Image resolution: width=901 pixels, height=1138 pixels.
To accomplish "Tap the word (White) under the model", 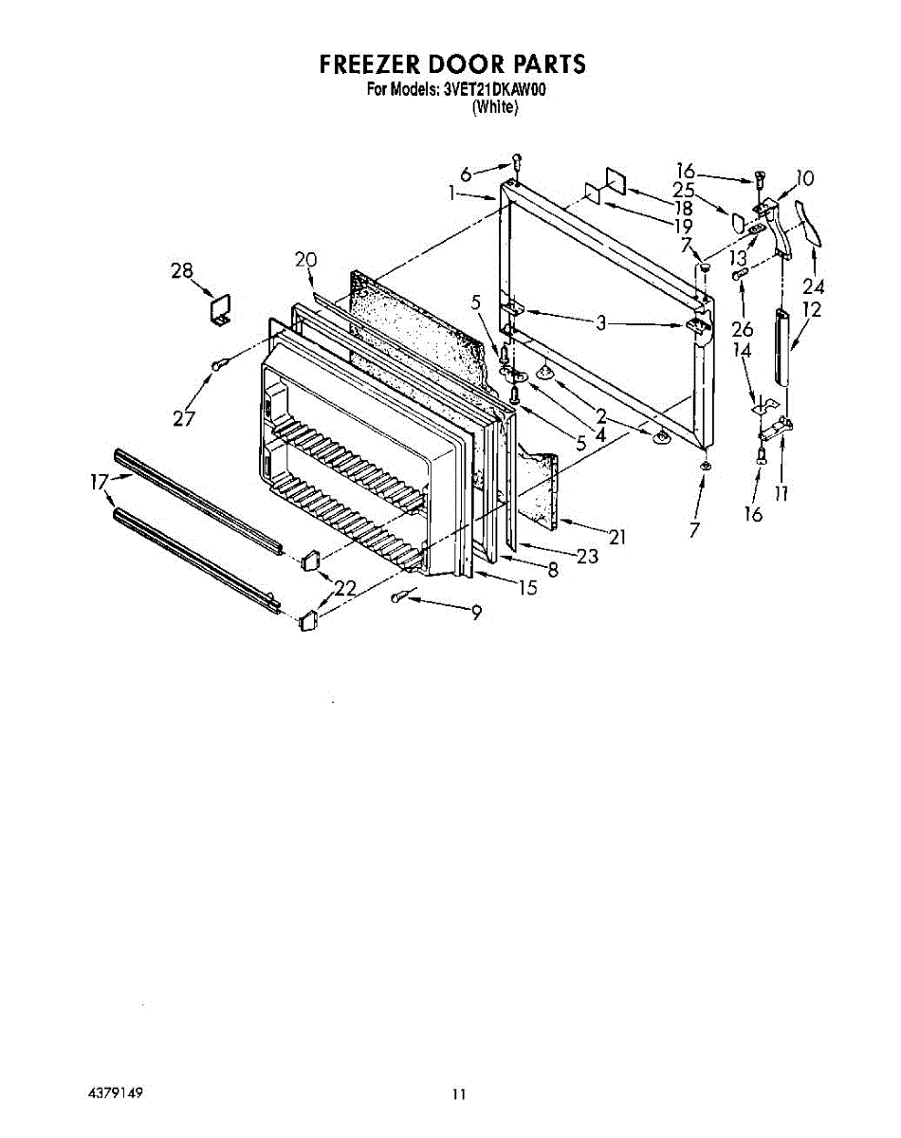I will [x=495, y=107].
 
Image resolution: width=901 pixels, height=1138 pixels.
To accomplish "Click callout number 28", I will [x=182, y=271].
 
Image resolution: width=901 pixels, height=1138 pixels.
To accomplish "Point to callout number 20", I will [x=304, y=259].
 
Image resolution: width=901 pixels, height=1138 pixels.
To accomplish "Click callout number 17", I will [x=99, y=482].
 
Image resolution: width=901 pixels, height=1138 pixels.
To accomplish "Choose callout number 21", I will [x=617, y=538].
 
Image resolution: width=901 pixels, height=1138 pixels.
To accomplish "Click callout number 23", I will [x=587, y=556].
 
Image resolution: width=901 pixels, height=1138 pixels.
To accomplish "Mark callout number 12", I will [x=811, y=309].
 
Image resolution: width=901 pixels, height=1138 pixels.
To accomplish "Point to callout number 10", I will [x=804, y=177].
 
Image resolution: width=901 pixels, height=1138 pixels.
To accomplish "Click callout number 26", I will [x=742, y=329].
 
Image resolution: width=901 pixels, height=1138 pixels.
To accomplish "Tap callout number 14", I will [x=742, y=349].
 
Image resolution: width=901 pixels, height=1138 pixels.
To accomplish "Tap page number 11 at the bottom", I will [x=459, y=1094].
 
